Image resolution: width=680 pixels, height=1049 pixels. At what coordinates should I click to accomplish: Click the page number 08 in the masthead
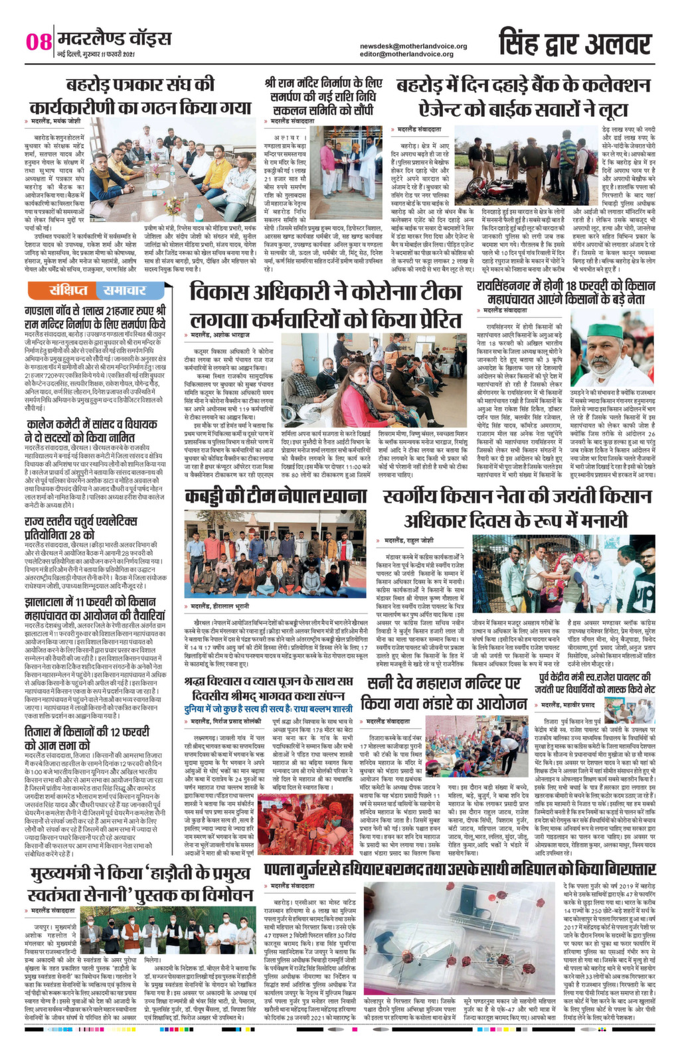coord(38,41)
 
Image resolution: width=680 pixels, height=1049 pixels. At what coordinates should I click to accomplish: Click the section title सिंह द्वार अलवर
coord(574,44)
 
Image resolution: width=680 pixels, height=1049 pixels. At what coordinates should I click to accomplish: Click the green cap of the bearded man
coord(603,330)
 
